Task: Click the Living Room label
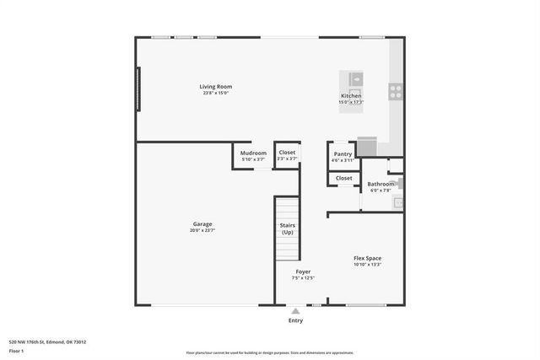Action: (215, 87)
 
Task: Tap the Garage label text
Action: (202, 224)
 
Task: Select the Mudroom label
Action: (253, 153)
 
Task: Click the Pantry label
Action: (343, 153)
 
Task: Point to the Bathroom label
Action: (381, 184)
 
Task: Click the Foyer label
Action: (302, 271)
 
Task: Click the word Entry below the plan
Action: (295, 320)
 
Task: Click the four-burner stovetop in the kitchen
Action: (394, 91)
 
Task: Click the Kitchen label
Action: (351, 96)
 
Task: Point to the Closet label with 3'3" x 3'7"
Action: (287, 153)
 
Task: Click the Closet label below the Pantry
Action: (343, 178)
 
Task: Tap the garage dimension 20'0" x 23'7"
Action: (202, 230)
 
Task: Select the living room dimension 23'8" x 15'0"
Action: (215, 93)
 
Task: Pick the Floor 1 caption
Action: (16, 351)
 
